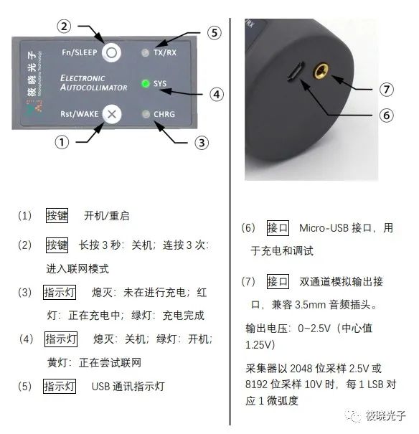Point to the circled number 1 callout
click(63, 142)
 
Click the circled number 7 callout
click(387, 90)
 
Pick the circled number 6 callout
click(386, 115)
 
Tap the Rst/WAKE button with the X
click(110, 113)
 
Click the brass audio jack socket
click(321, 70)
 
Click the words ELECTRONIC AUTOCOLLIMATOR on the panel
click(93, 82)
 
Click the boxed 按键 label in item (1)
click(57, 215)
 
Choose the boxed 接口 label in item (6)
click(277, 227)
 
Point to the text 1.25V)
click(262, 344)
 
